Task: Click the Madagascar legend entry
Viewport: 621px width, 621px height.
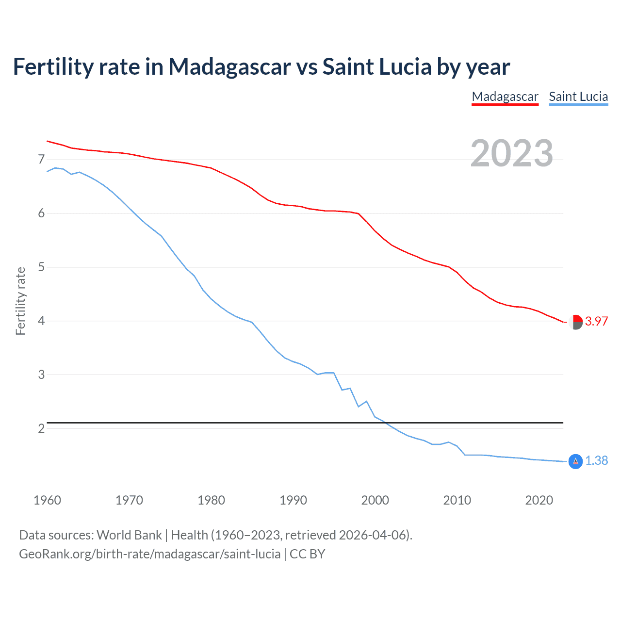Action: click(505, 97)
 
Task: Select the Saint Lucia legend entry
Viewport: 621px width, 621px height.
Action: click(578, 97)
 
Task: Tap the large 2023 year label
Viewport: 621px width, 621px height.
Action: click(512, 153)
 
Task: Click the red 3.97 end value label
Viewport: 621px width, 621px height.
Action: click(596, 321)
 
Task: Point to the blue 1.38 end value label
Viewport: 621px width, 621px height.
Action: click(596, 460)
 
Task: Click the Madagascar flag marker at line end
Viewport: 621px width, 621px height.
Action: click(575, 322)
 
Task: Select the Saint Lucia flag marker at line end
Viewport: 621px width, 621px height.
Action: click(575, 461)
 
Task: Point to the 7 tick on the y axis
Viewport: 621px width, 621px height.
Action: click(41, 159)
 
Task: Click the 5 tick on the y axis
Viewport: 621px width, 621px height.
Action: click(41, 267)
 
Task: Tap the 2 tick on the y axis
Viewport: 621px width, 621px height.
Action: click(41, 428)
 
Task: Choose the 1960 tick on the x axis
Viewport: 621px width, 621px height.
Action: click(47, 500)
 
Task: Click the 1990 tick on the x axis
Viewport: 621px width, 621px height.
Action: click(293, 500)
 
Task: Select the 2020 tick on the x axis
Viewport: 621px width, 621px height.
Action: click(539, 500)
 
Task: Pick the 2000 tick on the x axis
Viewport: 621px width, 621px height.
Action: click(375, 500)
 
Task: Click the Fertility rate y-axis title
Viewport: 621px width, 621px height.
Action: click(20, 301)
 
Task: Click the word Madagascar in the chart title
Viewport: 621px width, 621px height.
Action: click(229, 67)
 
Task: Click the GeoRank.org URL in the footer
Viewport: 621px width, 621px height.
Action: click(149, 554)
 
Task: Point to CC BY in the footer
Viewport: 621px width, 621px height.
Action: click(307, 554)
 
